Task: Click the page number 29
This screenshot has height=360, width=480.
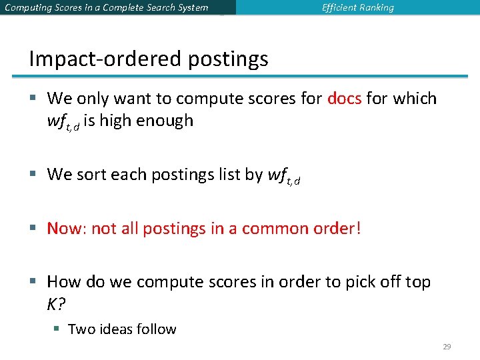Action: (447, 347)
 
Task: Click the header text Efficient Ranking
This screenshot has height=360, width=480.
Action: (358, 8)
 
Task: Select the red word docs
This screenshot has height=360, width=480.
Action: (345, 99)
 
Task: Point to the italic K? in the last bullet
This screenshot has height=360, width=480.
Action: (55, 304)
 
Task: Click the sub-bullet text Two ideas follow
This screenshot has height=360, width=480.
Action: (122, 329)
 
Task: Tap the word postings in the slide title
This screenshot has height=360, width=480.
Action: (228, 60)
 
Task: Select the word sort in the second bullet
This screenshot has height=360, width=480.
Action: (91, 175)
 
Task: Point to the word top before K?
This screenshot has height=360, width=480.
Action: (417, 282)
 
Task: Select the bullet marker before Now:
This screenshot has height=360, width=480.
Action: (33, 229)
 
